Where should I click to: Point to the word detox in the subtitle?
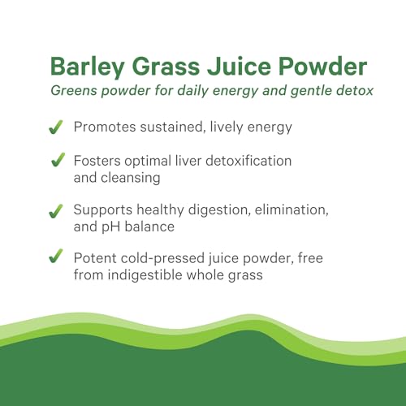tap(354, 90)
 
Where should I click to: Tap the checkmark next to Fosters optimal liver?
tap(56, 163)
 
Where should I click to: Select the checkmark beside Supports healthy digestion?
tap(56, 211)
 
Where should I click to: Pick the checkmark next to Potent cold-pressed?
tap(56, 258)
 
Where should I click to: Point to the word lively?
tap(230, 127)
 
